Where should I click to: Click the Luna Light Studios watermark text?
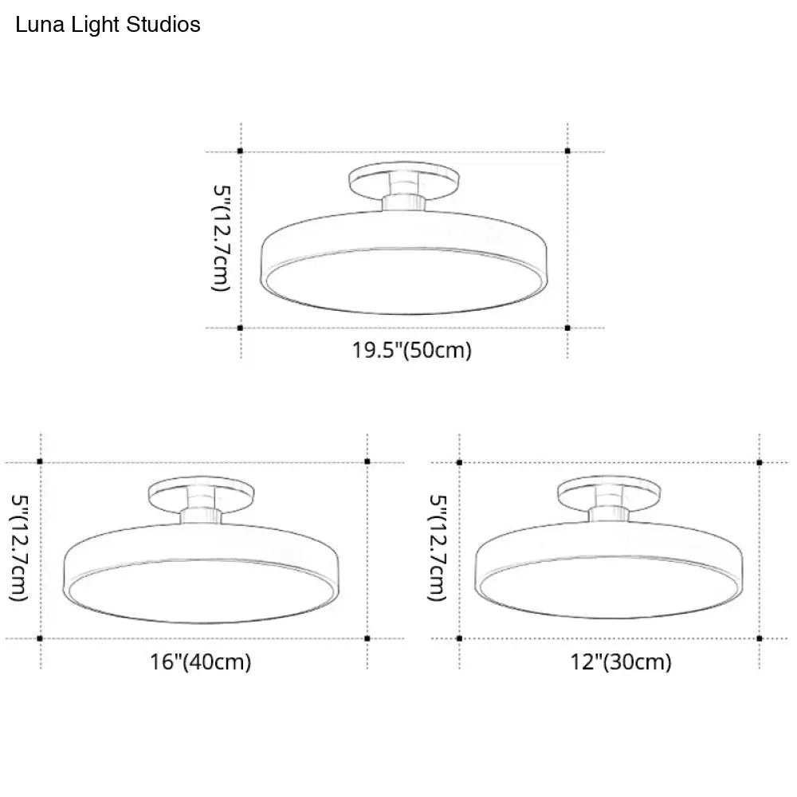(108, 25)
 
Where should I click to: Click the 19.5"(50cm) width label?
(412, 350)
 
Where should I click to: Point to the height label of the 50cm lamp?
(221, 238)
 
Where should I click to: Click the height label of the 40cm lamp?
(19, 549)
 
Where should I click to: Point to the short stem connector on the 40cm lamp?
(201, 514)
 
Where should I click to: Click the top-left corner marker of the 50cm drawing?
(241, 151)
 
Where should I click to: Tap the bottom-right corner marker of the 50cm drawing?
(567, 328)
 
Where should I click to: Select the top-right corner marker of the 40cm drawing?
(367, 461)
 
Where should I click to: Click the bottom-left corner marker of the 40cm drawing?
(41, 638)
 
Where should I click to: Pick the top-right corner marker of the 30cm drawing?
(760, 461)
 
